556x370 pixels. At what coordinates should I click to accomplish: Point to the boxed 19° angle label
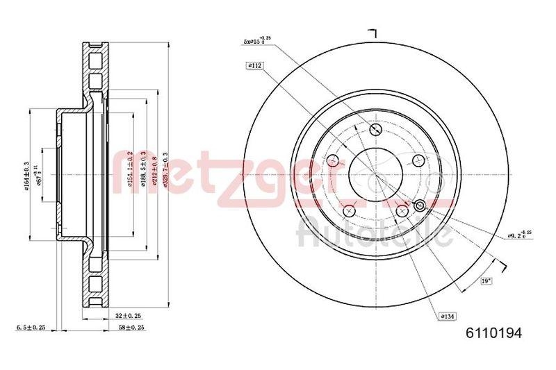click(x=486, y=281)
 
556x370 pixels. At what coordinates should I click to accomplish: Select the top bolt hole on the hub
click(x=375, y=129)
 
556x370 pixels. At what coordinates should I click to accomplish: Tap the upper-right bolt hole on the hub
click(x=418, y=160)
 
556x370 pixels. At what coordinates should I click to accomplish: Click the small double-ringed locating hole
click(x=419, y=205)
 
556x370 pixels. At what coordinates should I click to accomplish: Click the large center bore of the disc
click(x=375, y=174)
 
